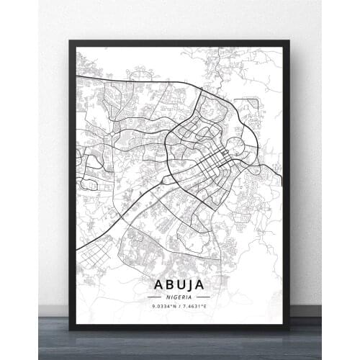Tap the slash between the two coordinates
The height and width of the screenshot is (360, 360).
pos(180,307)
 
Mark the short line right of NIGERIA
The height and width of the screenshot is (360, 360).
pos(204,296)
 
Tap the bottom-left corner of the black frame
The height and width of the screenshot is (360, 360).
pos(70,328)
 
